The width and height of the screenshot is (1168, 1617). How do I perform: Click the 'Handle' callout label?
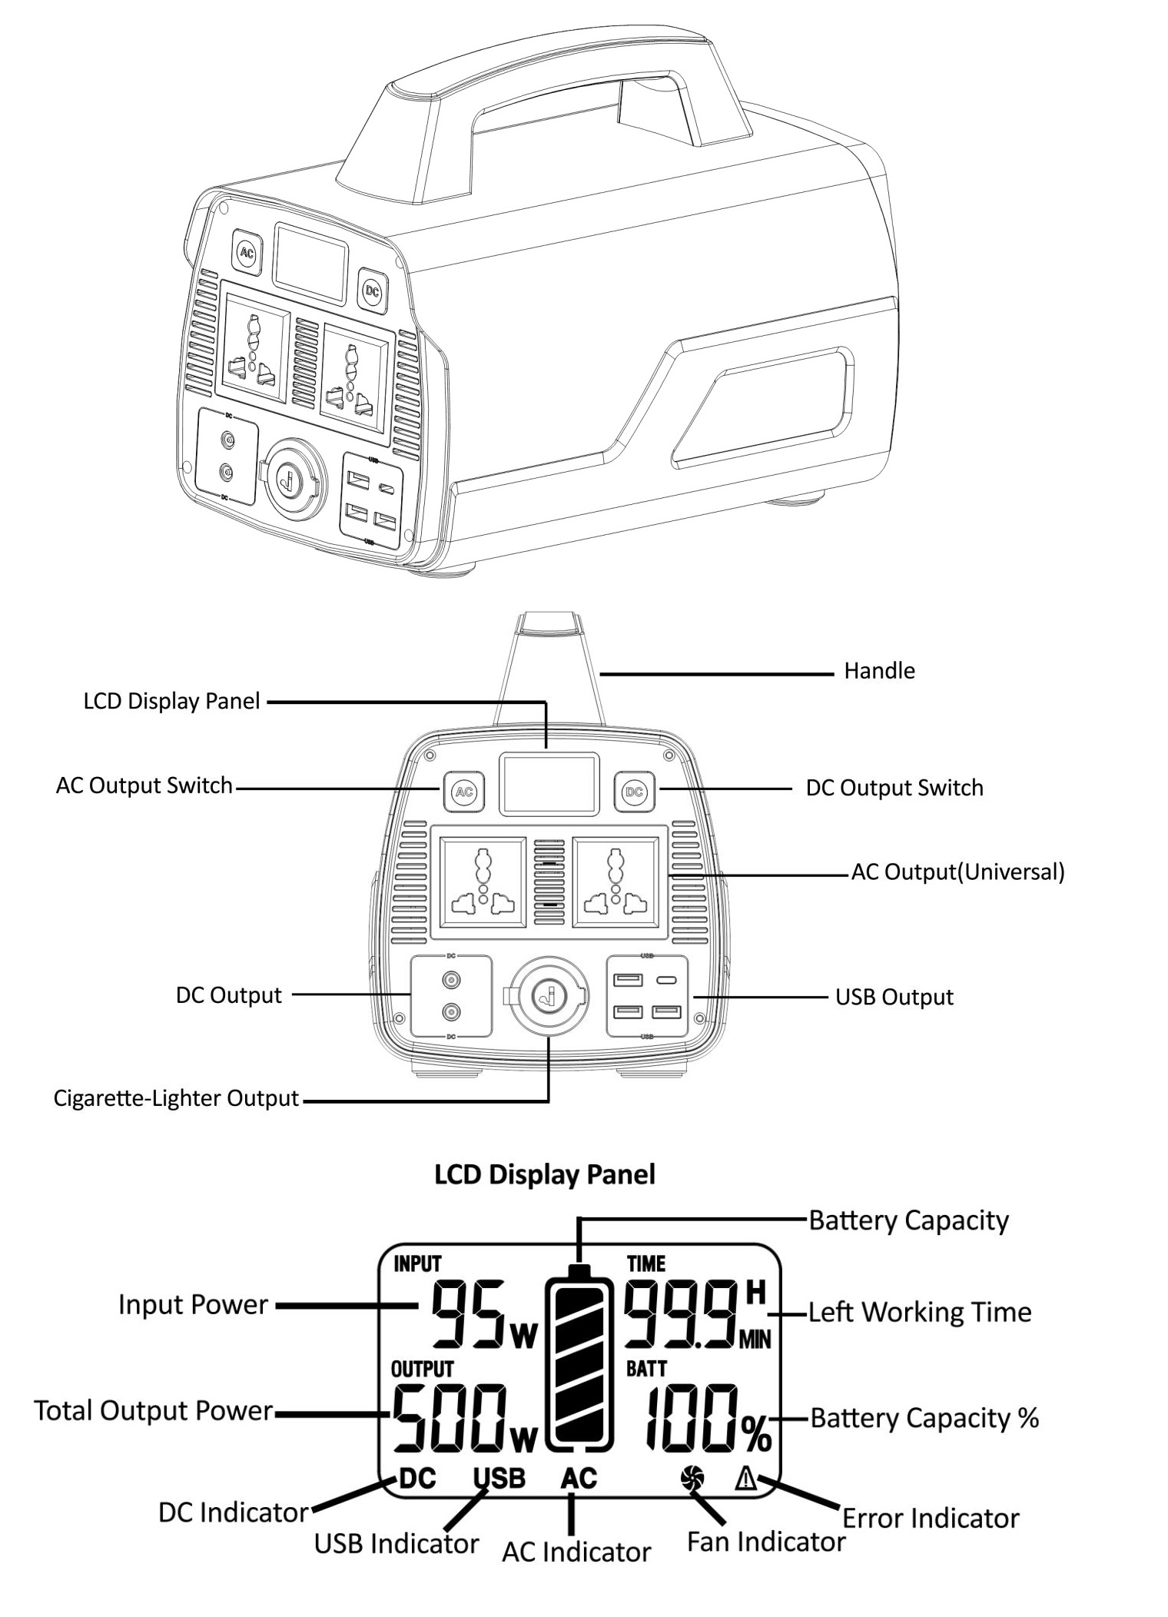(879, 671)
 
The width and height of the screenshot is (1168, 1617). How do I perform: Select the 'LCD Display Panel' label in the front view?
(172, 702)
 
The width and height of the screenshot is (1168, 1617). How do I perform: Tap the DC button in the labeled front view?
(634, 792)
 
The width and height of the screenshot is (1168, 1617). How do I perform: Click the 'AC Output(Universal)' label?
(957, 872)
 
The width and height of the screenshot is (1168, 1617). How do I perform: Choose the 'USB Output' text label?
(894, 997)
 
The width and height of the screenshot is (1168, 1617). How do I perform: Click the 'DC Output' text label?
(229, 995)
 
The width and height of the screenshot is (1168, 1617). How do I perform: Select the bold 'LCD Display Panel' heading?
(545, 1174)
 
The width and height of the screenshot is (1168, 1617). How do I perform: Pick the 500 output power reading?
(451, 1427)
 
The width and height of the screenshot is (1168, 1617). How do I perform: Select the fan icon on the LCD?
(692, 1477)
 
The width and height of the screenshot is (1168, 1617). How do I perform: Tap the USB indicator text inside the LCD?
(499, 1478)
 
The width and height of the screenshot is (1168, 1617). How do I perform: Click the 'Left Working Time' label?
(920, 1313)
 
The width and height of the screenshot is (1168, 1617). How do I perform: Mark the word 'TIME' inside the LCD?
(646, 1264)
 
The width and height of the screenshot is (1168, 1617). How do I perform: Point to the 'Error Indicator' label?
(931, 1519)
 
